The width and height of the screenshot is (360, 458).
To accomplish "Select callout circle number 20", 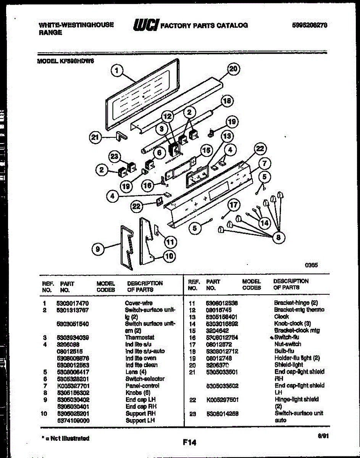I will coord(233,69).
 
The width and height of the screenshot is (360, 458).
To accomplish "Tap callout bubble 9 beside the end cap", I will coord(98,249).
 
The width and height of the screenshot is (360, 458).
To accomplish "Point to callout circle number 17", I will coord(234,205).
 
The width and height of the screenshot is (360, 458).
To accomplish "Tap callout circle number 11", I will coord(170,241).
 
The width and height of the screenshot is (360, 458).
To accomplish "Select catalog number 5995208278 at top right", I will coord(310,25).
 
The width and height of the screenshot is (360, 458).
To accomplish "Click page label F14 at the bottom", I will coord(189,443).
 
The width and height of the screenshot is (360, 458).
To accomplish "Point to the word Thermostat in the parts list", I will coord(139,337).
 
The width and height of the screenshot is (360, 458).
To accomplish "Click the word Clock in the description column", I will coord(281,317).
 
